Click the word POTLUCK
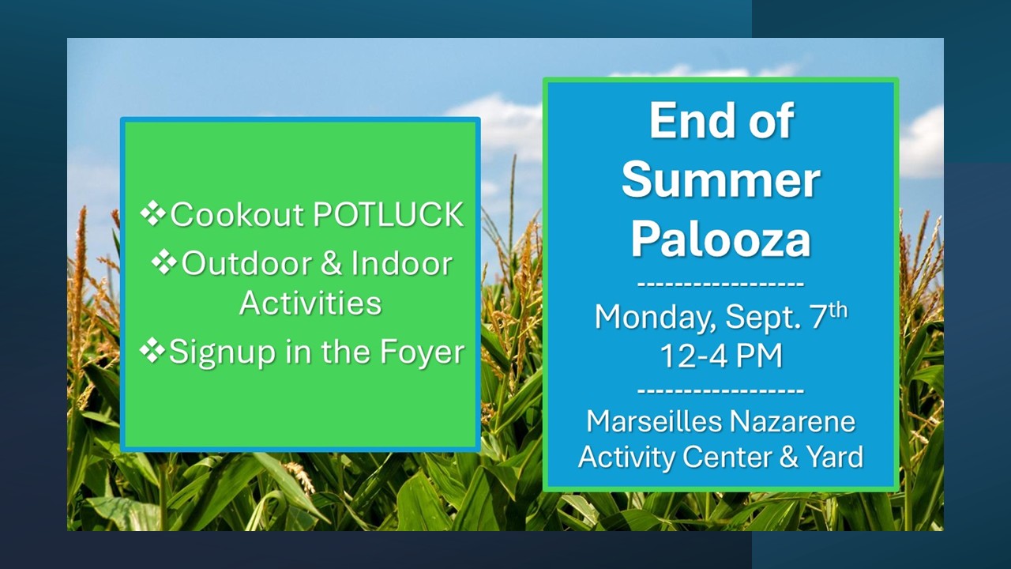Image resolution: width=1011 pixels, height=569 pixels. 388,214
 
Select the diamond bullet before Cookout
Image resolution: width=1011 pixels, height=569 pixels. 153,214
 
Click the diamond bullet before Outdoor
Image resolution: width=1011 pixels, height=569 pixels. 164,262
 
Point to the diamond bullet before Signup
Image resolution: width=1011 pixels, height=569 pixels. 152,350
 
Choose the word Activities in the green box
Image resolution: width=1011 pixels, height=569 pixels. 310,303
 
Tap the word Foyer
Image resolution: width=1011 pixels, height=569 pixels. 422,352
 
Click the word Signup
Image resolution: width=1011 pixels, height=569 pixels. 222,352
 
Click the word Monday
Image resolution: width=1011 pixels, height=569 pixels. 656,318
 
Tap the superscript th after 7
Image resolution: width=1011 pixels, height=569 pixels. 838,311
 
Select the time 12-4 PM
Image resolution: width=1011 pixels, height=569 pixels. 721,356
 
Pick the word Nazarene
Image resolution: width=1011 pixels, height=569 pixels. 792,422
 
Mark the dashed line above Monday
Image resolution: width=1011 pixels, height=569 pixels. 721,284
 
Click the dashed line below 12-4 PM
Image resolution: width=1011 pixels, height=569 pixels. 721,390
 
